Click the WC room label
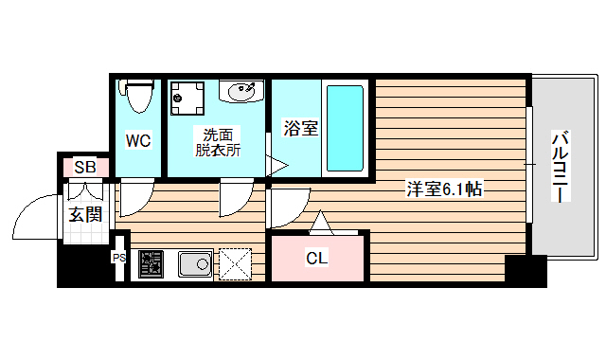tap(138, 141)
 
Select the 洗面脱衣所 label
tap(219, 141)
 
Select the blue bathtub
tap(345, 129)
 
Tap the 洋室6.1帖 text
tap(445, 189)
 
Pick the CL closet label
tap(316, 258)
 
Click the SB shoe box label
tap(85, 167)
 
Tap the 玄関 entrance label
tap(85, 213)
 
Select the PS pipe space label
tap(119, 257)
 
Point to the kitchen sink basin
tap(196, 263)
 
